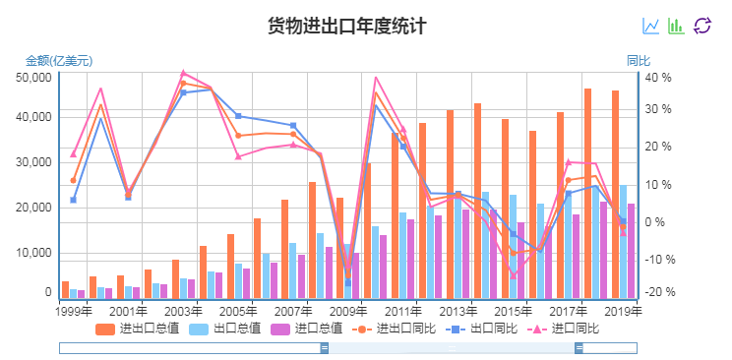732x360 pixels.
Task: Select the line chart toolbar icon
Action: pos(651,26)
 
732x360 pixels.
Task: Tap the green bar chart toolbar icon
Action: pos(676,26)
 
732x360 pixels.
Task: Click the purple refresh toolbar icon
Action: pos(701,26)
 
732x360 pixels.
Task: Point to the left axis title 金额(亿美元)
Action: pos(59,61)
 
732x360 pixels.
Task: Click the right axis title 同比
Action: pos(639,61)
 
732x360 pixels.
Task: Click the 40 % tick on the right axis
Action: pos(658,77)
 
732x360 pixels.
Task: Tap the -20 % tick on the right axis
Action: pos(658,292)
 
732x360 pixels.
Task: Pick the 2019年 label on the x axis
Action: pos(623,311)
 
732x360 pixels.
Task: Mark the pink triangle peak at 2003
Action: pos(183,73)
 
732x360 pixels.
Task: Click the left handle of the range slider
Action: pos(324,348)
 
